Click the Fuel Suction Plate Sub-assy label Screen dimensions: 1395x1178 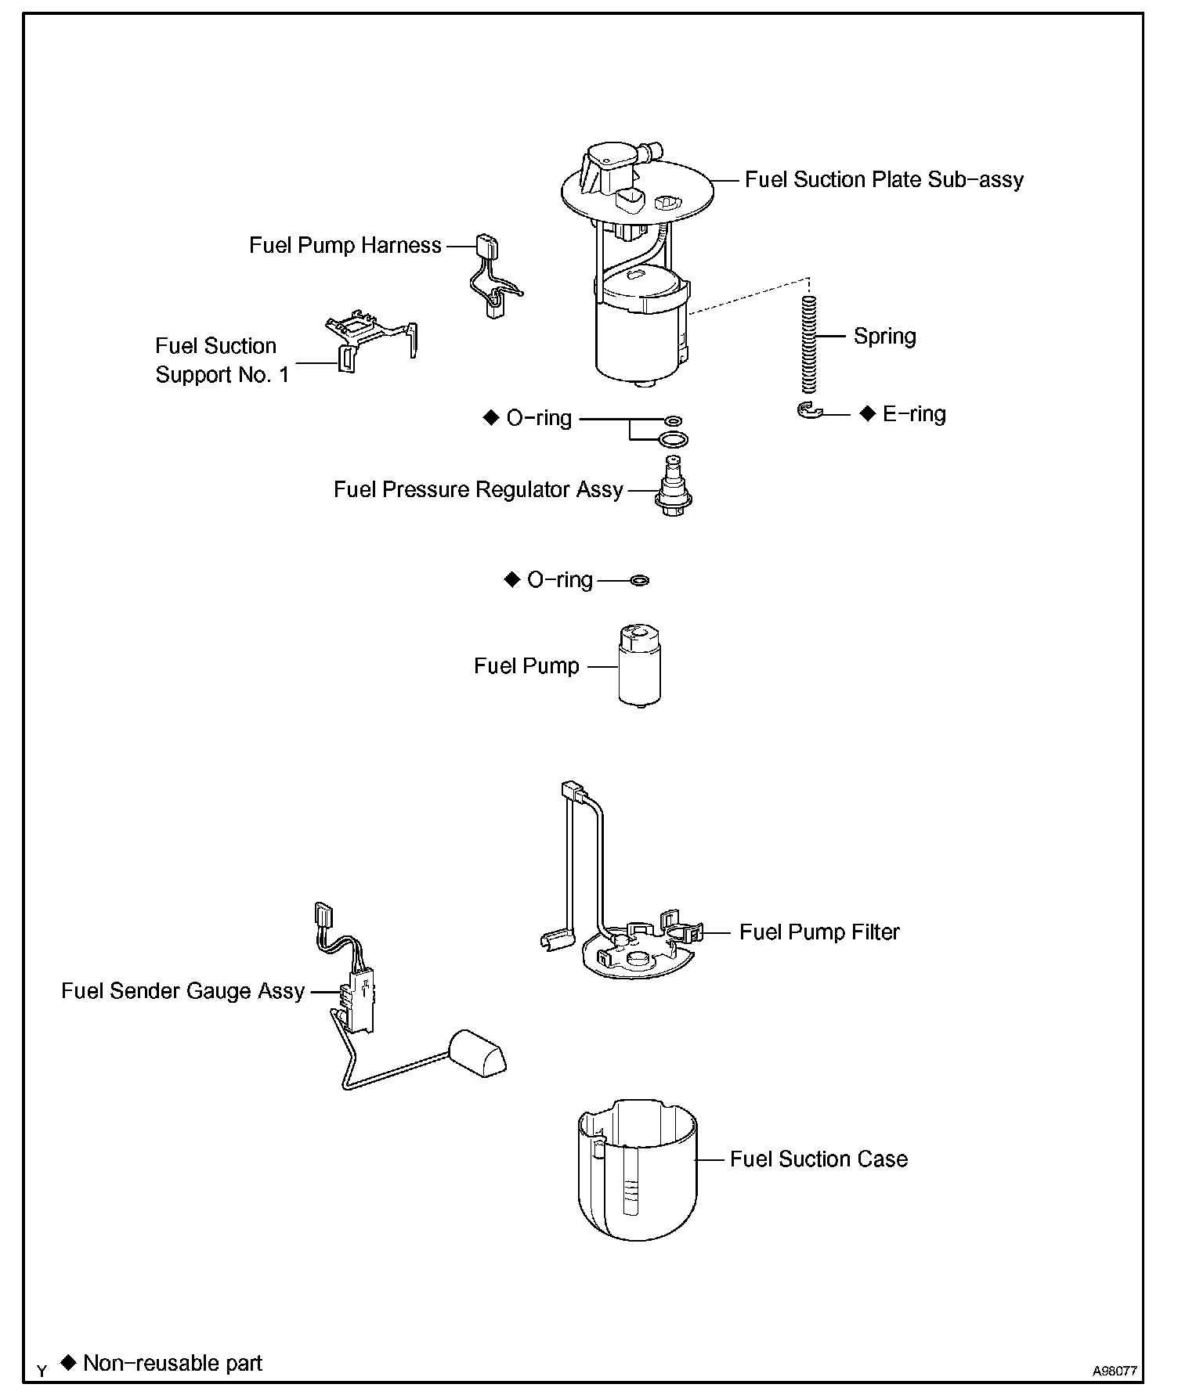883,180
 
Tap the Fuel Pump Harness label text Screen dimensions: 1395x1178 345,246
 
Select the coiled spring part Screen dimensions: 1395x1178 810,344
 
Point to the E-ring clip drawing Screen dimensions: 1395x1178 810,410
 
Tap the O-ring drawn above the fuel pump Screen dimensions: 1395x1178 640,581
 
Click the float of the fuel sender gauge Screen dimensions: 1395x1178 476,1053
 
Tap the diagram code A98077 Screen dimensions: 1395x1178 1115,1371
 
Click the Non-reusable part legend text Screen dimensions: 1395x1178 172,1363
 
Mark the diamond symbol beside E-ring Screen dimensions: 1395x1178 867,413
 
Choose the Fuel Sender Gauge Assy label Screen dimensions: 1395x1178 182,991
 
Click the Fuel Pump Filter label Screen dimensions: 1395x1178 819,932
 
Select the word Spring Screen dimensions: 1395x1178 884,337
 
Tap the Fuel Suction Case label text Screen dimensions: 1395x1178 818,1159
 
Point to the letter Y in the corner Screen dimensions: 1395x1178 42,1371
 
